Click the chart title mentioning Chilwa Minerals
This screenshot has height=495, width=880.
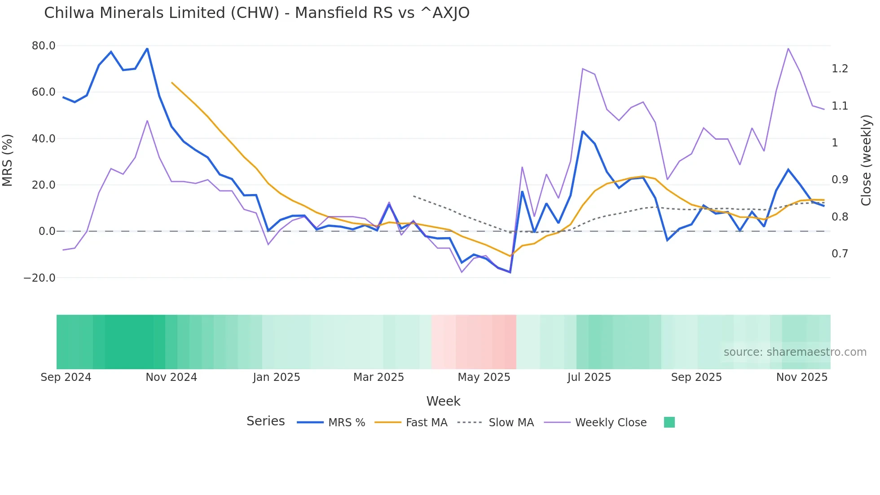pos(256,13)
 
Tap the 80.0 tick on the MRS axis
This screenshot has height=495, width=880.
pos(44,46)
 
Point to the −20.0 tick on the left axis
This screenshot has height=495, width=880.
pos(40,278)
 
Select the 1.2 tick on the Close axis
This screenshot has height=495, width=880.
pos(840,69)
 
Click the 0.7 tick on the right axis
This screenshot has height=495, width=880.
pos(840,254)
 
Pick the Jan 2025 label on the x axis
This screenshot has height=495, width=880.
pos(276,377)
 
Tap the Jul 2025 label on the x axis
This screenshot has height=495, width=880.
pos(589,377)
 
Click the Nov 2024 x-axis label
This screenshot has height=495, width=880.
pos(171,377)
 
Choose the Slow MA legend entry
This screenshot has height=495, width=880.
pos(496,423)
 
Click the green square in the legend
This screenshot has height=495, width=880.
pos(669,422)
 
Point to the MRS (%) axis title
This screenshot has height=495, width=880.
pos(8,160)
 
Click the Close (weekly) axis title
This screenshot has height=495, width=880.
pos(866,160)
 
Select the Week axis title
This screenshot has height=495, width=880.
pos(443,401)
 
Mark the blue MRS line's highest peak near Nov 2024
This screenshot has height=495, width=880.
pos(147,49)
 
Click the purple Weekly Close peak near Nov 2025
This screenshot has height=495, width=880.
pos(788,48)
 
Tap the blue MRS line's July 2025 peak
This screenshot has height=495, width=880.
pos(582,131)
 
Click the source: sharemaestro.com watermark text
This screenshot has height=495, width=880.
pos(795,352)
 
